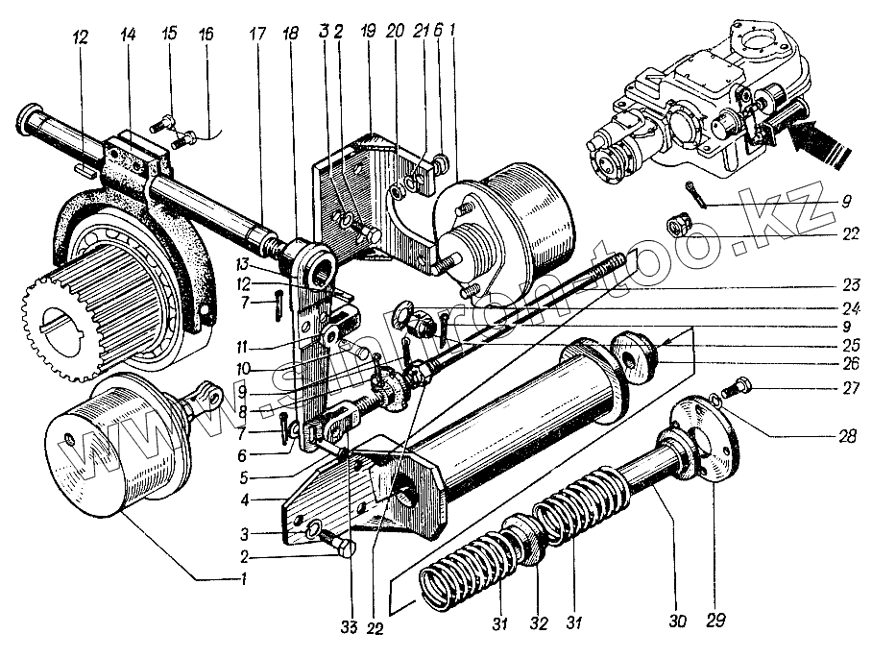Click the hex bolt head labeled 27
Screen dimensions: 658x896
pos(743,387)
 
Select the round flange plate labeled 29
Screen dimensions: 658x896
pos(706,438)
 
